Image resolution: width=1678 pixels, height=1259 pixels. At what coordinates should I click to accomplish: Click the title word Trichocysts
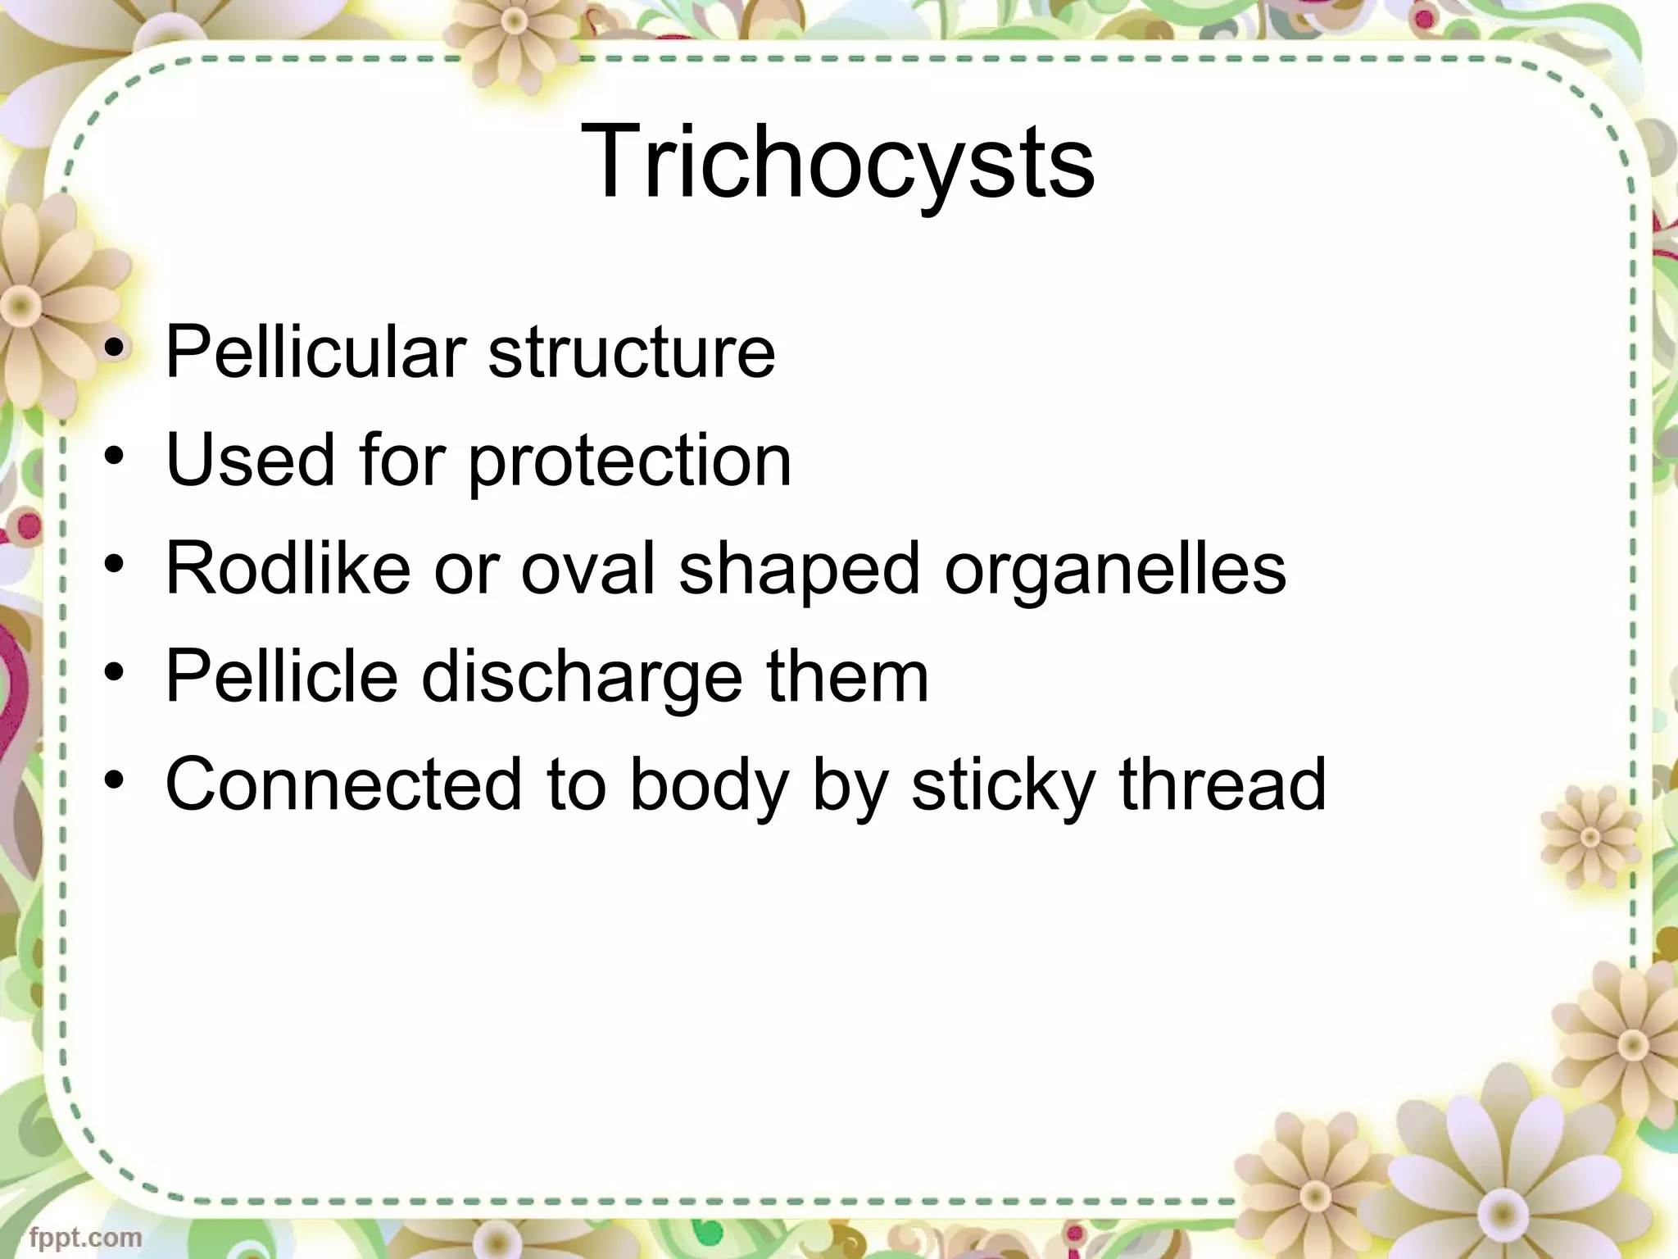point(837,161)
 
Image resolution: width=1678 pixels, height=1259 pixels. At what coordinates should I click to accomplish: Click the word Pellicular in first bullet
point(315,352)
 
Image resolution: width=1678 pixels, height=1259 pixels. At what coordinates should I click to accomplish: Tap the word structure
point(632,352)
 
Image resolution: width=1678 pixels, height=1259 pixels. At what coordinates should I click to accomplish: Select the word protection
point(629,461)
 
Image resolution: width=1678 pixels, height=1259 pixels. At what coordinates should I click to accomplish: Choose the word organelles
point(1114,570)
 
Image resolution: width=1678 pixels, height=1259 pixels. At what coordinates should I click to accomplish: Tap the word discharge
point(581,677)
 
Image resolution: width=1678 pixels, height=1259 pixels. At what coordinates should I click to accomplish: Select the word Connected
point(343,784)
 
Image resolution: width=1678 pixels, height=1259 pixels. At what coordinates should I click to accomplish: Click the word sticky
point(1003,784)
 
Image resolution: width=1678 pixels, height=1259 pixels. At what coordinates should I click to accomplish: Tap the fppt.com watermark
point(85,1237)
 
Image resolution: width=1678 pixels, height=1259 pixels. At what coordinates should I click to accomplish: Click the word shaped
point(799,570)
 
